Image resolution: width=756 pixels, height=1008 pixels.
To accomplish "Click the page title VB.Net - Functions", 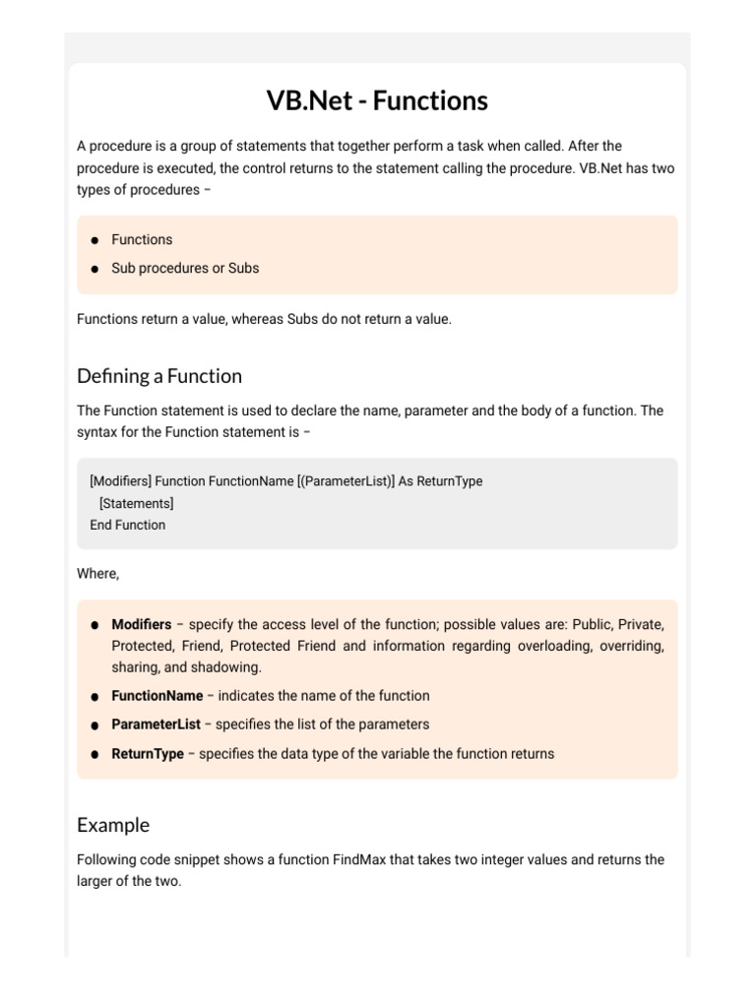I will tap(377, 100).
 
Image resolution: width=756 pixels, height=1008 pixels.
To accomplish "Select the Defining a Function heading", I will tap(158, 376).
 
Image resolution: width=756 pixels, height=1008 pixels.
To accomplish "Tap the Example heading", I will tap(113, 825).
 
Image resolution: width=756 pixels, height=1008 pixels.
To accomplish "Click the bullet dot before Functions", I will tap(94, 240).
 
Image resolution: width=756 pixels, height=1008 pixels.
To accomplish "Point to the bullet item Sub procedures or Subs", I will tap(185, 268).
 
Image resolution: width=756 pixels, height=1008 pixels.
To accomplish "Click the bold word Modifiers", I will tap(141, 624).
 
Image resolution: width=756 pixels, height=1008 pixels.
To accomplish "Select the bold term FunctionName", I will tap(157, 695).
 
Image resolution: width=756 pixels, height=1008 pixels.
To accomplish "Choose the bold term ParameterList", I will tap(156, 724).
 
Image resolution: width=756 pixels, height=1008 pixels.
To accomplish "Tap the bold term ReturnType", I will tap(148, 753).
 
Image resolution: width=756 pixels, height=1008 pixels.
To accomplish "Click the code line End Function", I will tap(128, 525).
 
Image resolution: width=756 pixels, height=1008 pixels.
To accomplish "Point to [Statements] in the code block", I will tap(137, 503).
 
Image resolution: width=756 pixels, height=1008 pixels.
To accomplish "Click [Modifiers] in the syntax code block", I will tap(120, 481).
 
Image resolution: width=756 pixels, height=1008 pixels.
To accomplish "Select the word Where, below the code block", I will tap(97, 573).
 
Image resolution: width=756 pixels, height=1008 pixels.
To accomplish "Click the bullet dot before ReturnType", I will tap(94, 754).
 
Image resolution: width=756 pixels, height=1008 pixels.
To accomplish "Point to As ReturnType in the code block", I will tap(440, 481).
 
